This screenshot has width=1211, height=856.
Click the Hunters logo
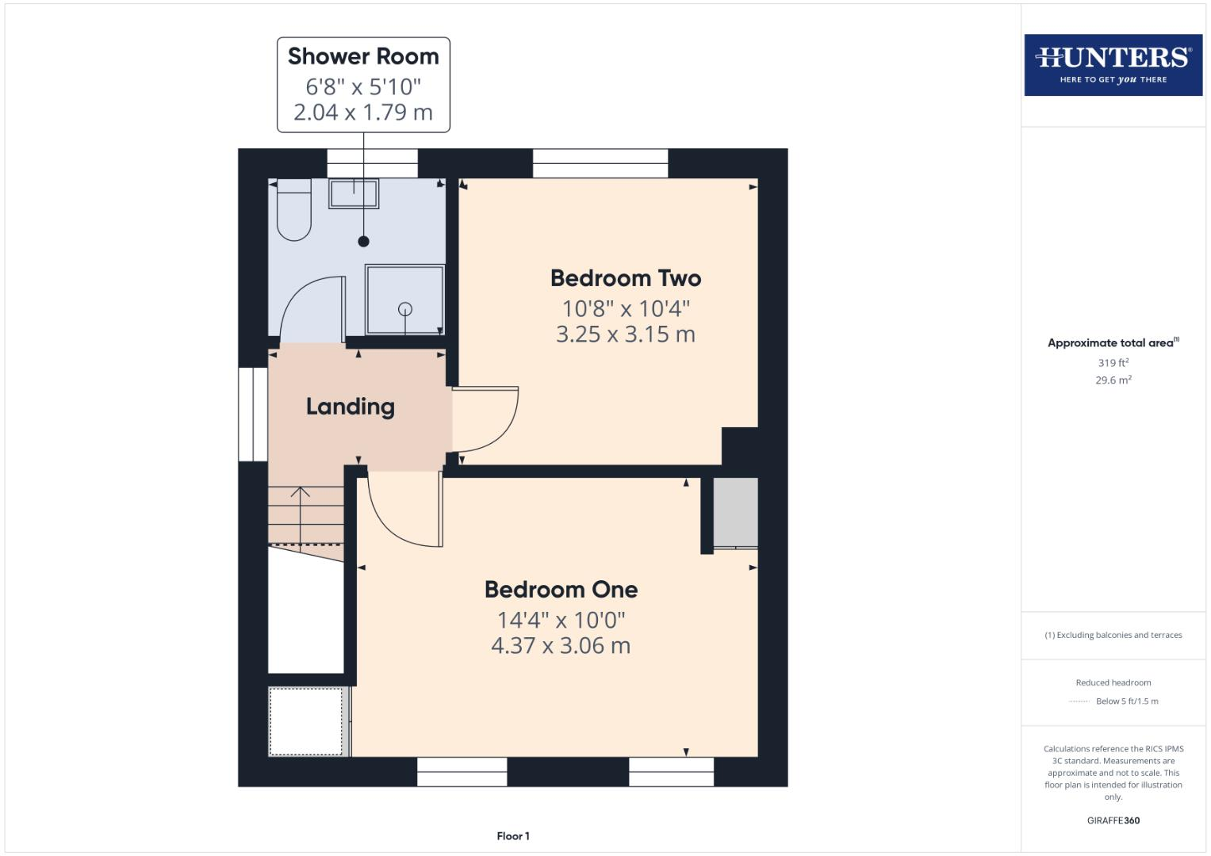(x=1113, y=64)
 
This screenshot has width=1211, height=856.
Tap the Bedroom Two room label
(x=625, y=278)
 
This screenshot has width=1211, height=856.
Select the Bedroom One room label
(x=561, y=590)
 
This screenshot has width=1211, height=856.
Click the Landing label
(x=350, y=407)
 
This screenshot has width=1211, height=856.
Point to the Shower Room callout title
(x=363, y=56)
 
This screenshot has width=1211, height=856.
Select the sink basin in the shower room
(x=354, y=193)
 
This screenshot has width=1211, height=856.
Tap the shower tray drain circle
(x=405, y=309)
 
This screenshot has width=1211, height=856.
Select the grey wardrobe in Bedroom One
(x=735, y=513)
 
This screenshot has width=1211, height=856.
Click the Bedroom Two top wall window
(x=600, y=163)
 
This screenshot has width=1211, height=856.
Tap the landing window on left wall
(x=253, y=414)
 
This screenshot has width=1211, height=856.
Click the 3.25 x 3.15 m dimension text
(x=625, y=334)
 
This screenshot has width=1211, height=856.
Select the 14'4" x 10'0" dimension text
(x=561, y=620)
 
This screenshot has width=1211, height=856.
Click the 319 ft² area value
(x=1113, y=363)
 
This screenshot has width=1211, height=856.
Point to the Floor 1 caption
(x=513, y=836)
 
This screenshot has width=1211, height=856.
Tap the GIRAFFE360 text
(x=1113, y=820)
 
